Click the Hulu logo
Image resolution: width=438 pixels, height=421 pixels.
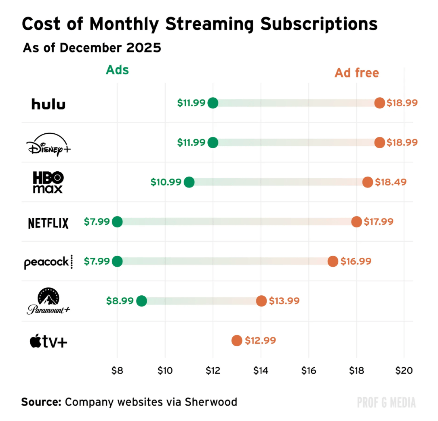[48, 104]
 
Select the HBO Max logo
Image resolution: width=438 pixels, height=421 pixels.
[48, 182]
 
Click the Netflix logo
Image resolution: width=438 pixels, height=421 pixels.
[48, 223]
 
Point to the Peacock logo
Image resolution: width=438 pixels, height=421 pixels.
[48, 262]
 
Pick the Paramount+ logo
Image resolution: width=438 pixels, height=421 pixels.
[48, 301]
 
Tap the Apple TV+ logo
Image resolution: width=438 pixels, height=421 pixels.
[48, 341]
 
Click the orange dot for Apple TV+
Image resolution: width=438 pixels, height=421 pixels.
[237, 341]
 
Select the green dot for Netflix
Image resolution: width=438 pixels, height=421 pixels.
[117, 221]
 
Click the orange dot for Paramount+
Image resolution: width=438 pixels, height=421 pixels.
[261, 301]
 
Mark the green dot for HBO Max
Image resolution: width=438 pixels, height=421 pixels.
[189, 182]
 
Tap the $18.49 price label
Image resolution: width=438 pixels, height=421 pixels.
[390, 182]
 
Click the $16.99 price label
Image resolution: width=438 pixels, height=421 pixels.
[356, 261]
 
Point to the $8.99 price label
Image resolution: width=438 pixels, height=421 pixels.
[120, 301]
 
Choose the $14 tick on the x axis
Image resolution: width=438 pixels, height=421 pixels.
[261, 371]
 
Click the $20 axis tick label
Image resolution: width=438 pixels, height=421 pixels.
[404, 371]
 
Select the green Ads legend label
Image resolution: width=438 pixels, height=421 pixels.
[117, 70]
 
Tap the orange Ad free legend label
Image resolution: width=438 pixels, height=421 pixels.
[356, 73]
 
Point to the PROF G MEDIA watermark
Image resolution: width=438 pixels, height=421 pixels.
[386, 402]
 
